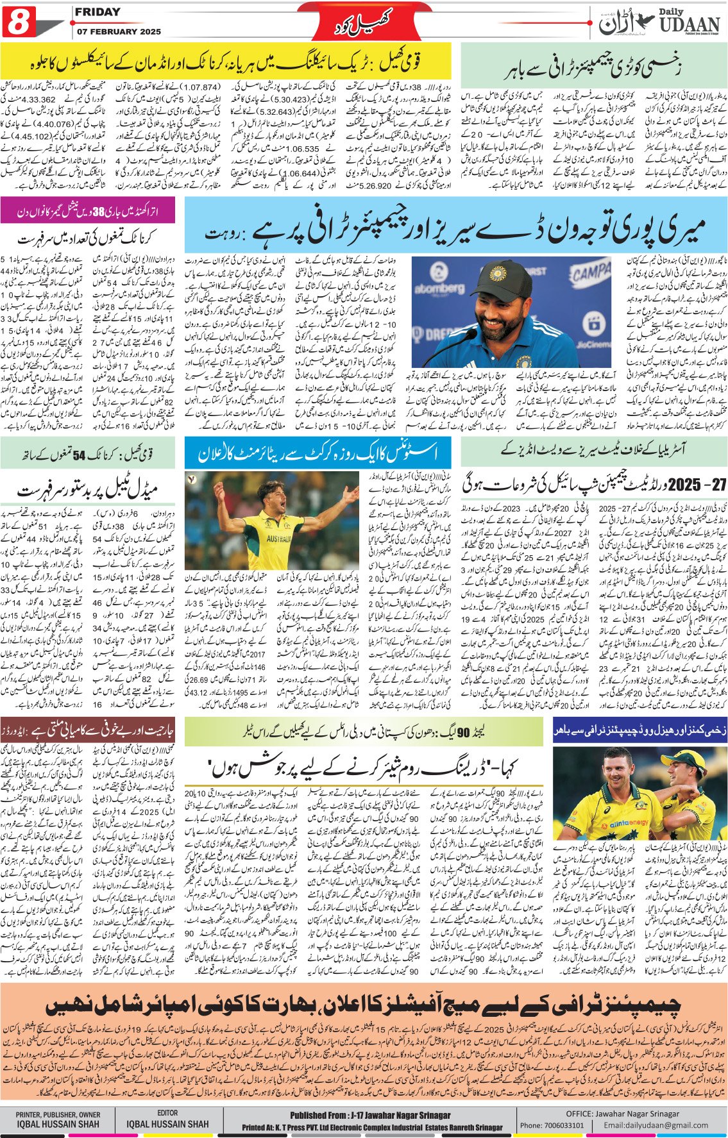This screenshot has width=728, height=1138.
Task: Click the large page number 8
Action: coord(19,24)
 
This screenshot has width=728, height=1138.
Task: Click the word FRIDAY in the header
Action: coord(97,12)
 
